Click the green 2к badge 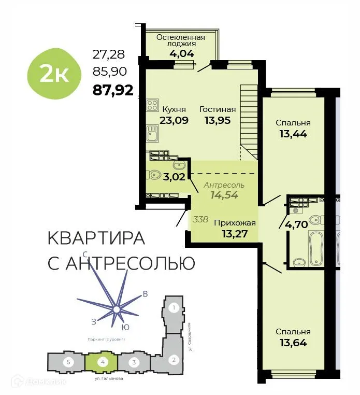pyautogui.click(x=54, y=74)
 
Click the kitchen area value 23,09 pyautogui.click(x=174, y=120)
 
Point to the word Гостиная pyautogui.click(x=218, y=109)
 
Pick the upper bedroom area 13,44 pyautogui.click(x=293, y=134)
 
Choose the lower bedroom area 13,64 pyautogui.click(x=293, y=343)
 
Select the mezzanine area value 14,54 pyautogui.click(x=224, y=195)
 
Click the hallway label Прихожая pyautogui.click(x=235, y=223)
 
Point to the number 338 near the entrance pyautogui.click(x=200, y=219)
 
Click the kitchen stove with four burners pyautogui.click(x=152, y=105)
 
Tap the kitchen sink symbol pyautogui.click(x=152, y=134)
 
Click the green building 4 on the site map pyautogui.click(x=104, y=361)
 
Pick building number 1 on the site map pyautogui.click(x=175, y=308)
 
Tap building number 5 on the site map pyautogui.click(x=67, y=361)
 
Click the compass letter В pyautogui.click(x=146, y=294)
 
